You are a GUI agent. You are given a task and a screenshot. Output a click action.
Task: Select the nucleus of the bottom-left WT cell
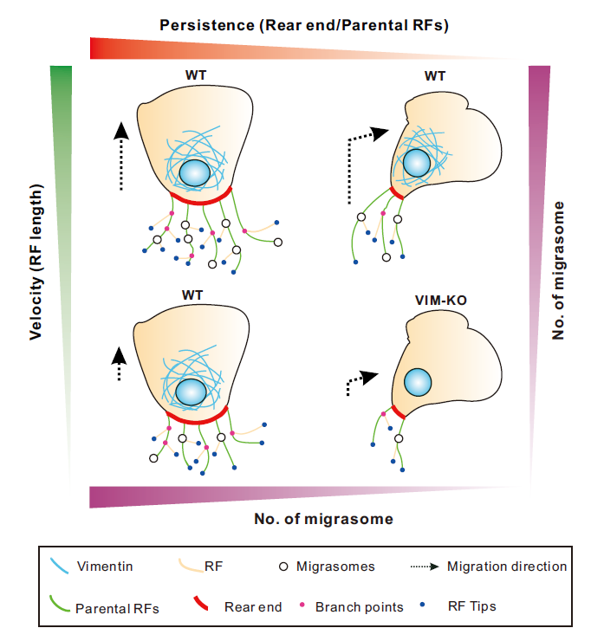192,392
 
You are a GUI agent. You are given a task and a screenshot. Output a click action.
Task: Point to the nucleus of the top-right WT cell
418,162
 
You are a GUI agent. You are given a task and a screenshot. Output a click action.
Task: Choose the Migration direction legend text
506,567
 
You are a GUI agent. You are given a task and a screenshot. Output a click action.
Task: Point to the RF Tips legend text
475,606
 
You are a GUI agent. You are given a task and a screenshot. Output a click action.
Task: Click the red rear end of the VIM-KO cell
398,413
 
